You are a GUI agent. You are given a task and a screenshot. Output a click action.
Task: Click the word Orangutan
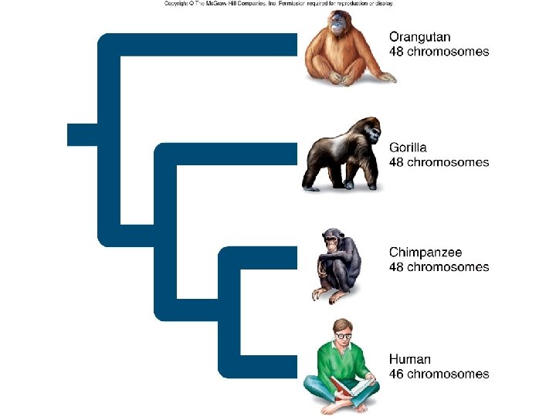pyautogui.click(x=420, y=37)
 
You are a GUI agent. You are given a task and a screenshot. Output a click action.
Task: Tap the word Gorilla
pyautogui.click(x=408, y=147)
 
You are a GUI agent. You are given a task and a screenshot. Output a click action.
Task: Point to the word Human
pyautogui.click(x=409, y=359)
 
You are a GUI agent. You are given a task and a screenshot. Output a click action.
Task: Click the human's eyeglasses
pyautogui.click(x=341, y=337)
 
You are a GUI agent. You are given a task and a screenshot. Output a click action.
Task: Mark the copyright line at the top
pyautogui.click(x=278, y=4)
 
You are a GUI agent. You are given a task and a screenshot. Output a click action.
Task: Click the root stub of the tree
pyautogui.click(x=81, y=134)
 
